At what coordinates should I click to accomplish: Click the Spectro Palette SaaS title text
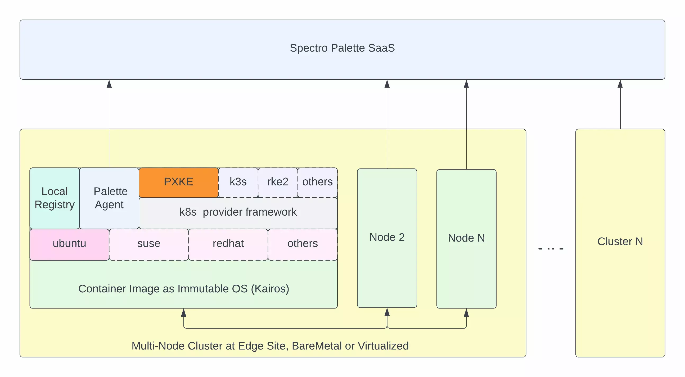[342, 48]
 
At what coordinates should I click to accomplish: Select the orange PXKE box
[178, 182]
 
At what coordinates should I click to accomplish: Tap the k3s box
[238, 182]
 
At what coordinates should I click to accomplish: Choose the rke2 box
[278, 182]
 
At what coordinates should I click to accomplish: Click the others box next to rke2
[317, 182]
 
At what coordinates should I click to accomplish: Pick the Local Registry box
[55, 198]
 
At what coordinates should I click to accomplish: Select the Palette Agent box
[109, 198]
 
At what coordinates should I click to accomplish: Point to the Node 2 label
[387, 237]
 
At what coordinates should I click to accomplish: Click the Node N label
[466, 238]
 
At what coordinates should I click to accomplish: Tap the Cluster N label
[620, 242]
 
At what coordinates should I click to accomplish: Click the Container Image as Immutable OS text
[184, 289]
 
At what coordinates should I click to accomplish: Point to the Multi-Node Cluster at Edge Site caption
[270, 346]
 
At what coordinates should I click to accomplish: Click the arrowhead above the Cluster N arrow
[620, 84]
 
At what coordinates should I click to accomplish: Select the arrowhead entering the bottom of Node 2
[387, 312]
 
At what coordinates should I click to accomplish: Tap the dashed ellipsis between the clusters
[551, 249]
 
